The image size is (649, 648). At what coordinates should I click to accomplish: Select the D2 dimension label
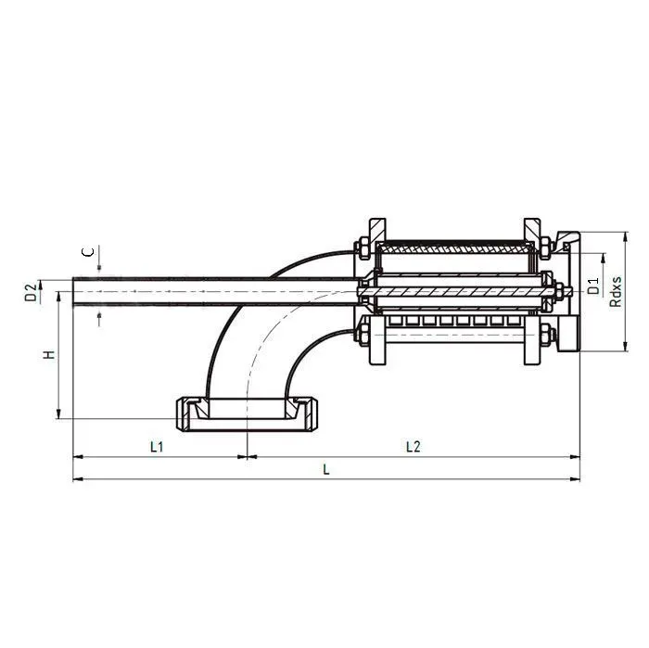click(x=31, y=293)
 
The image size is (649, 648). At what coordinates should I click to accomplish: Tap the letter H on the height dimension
click(x=50, y=355)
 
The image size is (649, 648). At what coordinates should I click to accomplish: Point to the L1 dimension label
click(x=157, y=447)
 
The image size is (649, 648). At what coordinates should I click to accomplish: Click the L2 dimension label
click(x=414, y=447)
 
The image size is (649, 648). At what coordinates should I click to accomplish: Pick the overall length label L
click(x=325, y=470)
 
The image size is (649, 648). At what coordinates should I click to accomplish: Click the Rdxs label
click(x=617, y=289)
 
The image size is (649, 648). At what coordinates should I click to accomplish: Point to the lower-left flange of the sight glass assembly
click(x=376, y=349)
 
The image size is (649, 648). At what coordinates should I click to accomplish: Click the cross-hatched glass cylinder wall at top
click(x=454, y=249)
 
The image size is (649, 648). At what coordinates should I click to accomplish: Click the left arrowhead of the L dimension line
click(x=76, y=479)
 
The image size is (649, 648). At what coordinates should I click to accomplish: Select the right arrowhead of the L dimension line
click(x=577, y=479)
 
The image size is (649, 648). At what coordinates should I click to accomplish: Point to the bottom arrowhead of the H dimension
click(x=59, y=414)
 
